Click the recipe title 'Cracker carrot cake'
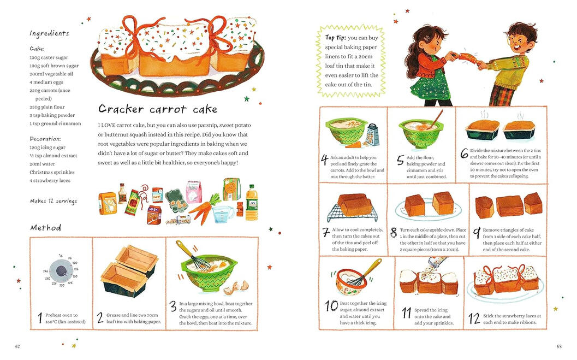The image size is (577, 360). click(158, 109)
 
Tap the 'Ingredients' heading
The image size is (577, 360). click(49, 33)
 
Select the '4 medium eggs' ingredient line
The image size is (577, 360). click(46, 82)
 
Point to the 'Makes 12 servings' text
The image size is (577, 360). click(53, 201)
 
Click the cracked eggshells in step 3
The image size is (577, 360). click(237, 287)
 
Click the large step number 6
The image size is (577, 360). click(465, 153)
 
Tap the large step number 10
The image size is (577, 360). click(331, 305)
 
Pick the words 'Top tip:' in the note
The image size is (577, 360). click(335, 38)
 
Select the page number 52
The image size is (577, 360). click(17, 346)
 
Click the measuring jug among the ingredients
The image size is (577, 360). click(223, 214)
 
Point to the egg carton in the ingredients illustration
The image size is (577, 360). click(176, 200)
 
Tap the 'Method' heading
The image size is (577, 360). click(46, 228)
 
